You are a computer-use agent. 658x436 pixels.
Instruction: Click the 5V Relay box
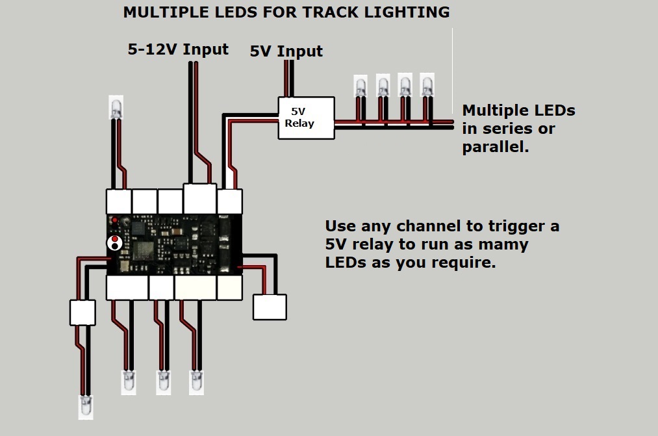[x=306, y=118]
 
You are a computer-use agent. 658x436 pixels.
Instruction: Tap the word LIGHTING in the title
[x=418, y=12]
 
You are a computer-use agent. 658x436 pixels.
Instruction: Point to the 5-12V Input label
[x=178, y=49]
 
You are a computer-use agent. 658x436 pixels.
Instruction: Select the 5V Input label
[x=286, y=51]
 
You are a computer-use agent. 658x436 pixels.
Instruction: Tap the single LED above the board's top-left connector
[x=116, y=108]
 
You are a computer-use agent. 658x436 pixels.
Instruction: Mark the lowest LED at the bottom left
[x=86, y=406]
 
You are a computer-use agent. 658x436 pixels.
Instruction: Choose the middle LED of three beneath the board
[x=163, y=381]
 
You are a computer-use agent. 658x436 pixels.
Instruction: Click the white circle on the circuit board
[x=115, y=243]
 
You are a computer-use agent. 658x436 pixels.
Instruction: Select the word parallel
[x=494, y=147]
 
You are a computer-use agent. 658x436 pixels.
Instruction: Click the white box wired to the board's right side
[x=270, y=307]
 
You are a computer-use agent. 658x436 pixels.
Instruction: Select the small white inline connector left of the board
[x=82, y=312]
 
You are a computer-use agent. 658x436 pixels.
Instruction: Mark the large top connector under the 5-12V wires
[x=199, y=198]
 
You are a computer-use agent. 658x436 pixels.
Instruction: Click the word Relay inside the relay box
[x=299, y=123]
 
